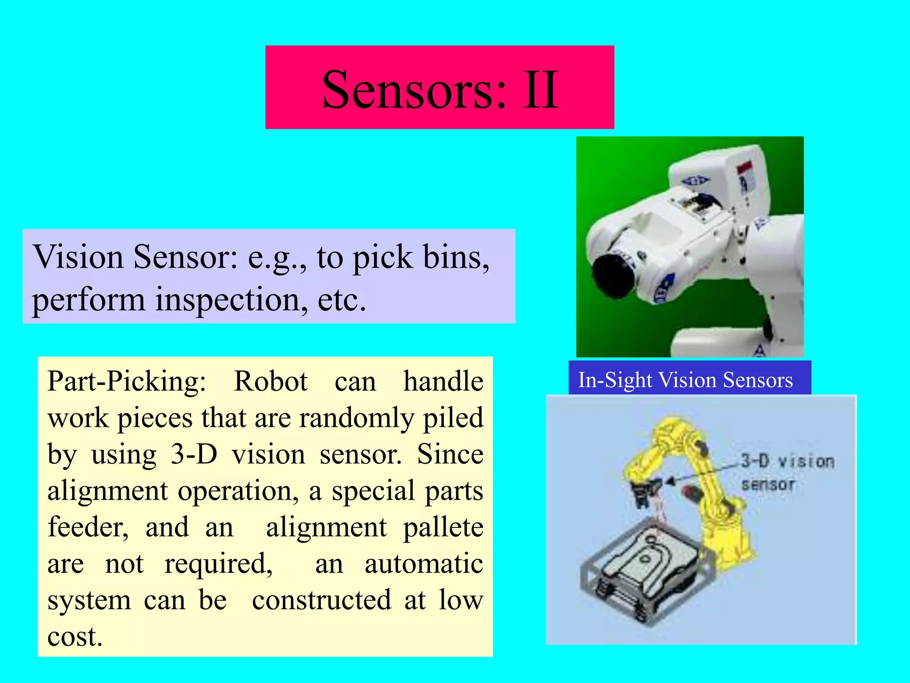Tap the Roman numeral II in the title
tap(540, 90)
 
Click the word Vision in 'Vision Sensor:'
tap(78, 257)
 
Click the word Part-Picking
tap(127, 382)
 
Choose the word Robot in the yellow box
tap(271, 382)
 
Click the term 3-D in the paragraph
tap(194, 454)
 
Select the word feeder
tap(88, 527)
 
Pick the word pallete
tap(443, 527)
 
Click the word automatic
tap(423, 564)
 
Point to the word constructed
tap(322, 600)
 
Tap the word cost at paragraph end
tap(74, 637)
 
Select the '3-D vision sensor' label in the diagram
tap(787, 472)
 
